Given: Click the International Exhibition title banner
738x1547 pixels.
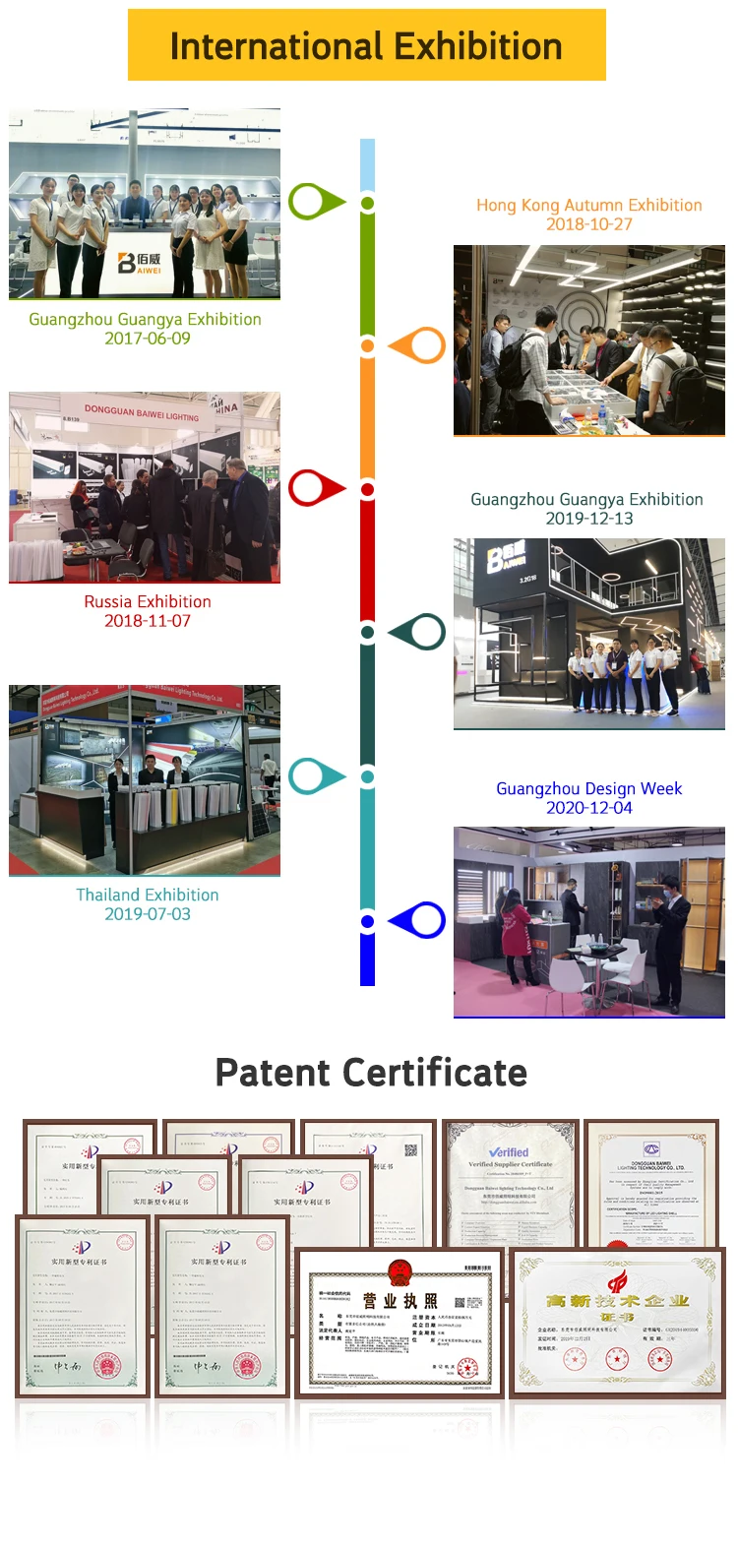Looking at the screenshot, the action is (366, 45).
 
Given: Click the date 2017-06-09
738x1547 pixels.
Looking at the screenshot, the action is (148, 339).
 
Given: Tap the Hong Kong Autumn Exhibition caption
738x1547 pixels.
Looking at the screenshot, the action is (588, 206).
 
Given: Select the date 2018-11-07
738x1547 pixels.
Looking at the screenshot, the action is (148, 621).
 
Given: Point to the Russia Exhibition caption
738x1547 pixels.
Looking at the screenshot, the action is (148, 601).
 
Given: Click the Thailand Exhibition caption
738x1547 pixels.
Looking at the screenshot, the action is (148, 895).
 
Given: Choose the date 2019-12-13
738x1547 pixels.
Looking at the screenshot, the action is (589, 519).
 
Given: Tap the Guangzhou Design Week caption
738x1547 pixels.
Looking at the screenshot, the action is (588, 788).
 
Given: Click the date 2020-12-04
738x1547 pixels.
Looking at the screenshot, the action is (589, 808).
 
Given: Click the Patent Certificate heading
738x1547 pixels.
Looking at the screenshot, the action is (370, 1073).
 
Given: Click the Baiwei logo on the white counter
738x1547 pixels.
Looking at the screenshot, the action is (139, 263).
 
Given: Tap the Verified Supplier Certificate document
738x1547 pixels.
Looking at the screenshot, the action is (509, 1181).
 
